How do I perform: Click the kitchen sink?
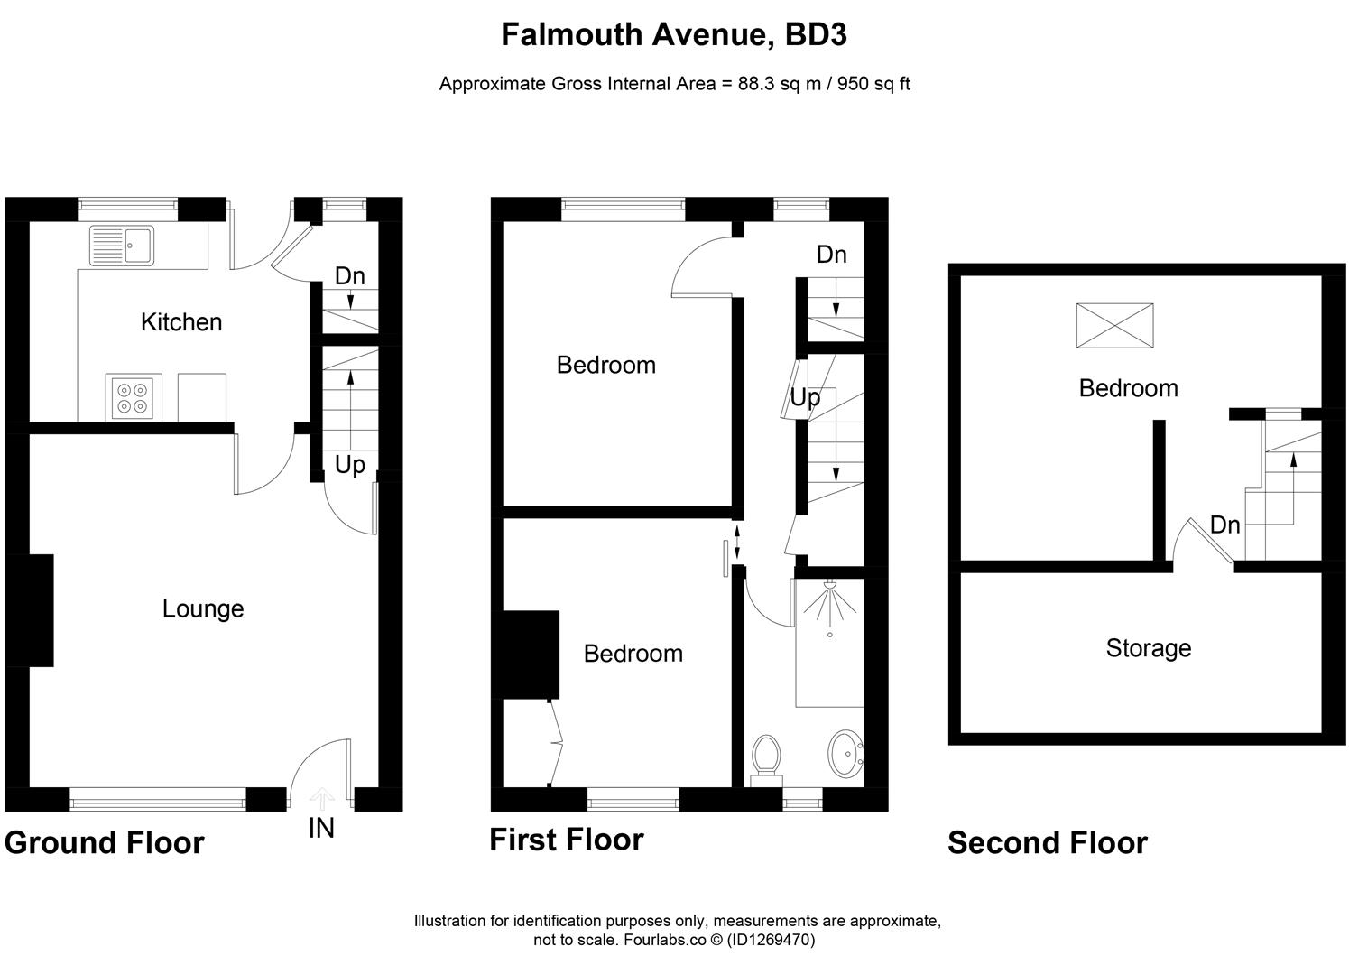click(122, 245)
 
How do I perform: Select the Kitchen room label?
click(181, 322)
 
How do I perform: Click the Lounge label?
click(203, 608)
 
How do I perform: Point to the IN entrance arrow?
click(322, 796)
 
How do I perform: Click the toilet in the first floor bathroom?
click(765, 756)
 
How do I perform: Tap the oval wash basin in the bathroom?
click(845, 752)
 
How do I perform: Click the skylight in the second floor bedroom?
click(1114, 326)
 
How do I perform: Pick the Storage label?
click(1148, 648)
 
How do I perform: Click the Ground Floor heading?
click(105, 842)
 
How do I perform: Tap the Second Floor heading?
click(1047, 842)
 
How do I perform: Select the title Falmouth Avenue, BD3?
click(673, 35)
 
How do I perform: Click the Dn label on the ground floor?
click(349, 276)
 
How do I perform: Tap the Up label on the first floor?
click(805, 397)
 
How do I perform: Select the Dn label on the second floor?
click(1224, 525)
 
